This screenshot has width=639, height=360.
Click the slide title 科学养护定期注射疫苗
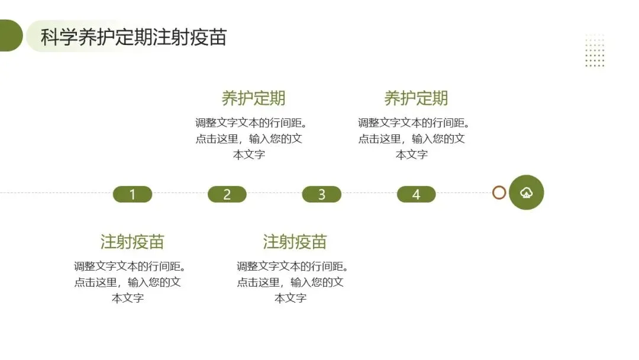pyautogui.click(x=133, y=37)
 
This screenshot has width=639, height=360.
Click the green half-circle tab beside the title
pyautogui.click(x=10, y=36)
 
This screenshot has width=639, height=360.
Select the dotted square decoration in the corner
pyautogui.click(x=595, y=50)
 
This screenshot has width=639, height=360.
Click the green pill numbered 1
pyautogui.click(x=133, y=194)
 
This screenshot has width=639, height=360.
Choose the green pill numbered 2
pyautogui.click(x=227, y=194)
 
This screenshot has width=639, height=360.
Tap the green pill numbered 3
pyautogui.click(x=322, y=194)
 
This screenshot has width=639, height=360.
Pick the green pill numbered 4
pyautogui.click(x=417, y=194)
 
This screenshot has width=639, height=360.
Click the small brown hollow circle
pyautogui.click(x=499, y=192)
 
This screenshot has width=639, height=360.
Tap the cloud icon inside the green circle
pyautogui.click(x=526, y=192)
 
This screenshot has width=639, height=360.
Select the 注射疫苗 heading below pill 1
pyautogui.click(x=132, y=242)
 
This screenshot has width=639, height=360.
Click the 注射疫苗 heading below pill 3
pyautogui.click(x=295, y=242)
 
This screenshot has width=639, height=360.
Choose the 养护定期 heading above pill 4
pyautogui.click(x=416, y=98)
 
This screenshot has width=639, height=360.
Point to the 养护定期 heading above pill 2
pyautogui.click(x=253, y=98)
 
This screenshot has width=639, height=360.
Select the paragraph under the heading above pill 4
pyautogui.click(x=412, y=139)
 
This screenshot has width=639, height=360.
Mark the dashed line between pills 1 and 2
pyautogui.click(x=180, y=193)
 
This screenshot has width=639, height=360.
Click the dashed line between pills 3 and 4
pyautogui.click(x=369, y=193)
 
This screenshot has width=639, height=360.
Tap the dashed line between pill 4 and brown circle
pyautogui.click(x=464, y=193)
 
